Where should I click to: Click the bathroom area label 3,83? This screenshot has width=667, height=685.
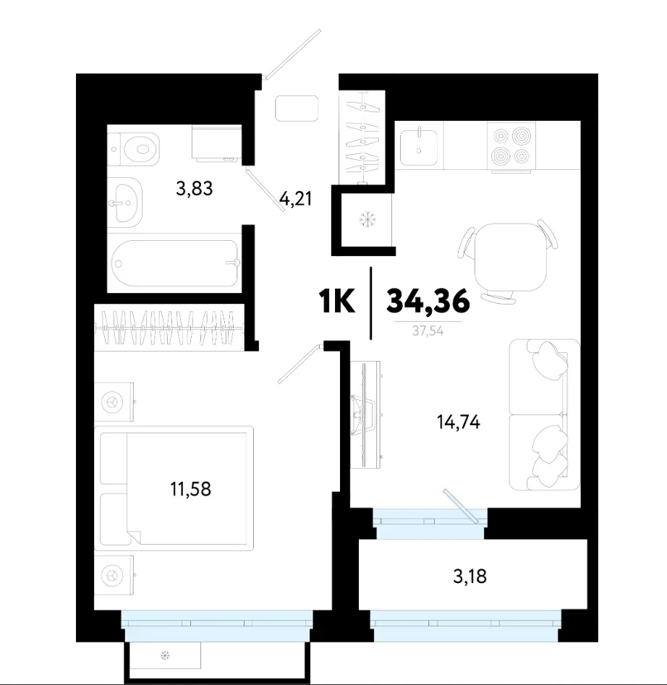(195, 189)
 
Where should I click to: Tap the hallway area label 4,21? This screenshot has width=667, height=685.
(296, 199)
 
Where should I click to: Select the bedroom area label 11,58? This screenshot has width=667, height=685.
(190, 489)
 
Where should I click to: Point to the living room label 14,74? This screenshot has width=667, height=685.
(459, 422)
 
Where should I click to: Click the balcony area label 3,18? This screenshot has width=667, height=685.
(470, 576)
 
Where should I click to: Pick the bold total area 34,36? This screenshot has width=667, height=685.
(428, 301)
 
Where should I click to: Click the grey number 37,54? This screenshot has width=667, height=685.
(428, 331)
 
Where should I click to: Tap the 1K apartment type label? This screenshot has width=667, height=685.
(337, 301)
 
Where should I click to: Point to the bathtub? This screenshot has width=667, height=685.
(175, 263)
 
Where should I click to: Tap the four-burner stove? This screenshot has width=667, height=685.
(511, 146)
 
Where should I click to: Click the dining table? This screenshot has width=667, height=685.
(510, 258)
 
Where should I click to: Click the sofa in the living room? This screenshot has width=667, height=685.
(545, 414)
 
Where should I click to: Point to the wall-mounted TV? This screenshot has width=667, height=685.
(366, 414)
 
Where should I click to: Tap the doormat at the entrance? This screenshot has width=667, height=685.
(297, 109)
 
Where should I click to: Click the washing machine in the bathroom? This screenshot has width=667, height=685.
(216, 143)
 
